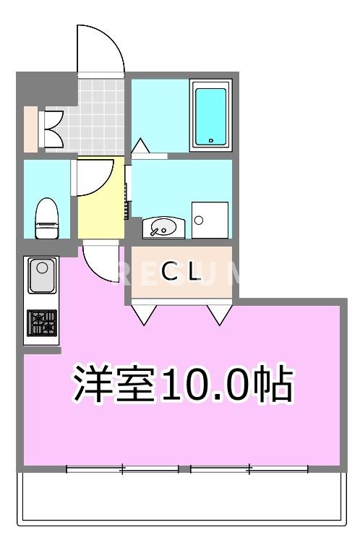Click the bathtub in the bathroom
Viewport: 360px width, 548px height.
tap(210, 115)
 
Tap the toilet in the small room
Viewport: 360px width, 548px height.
tap(47, 217)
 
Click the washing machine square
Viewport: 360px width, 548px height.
tap(210, 219)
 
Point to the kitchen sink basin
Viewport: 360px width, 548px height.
tap(40, 276)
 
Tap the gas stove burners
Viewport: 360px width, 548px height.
tap(41, 322)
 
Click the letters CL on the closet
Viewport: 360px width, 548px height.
tap(180, 272)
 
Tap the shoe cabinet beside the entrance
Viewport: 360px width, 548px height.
tap(30, 128)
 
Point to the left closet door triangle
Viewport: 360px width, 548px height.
tap(145, 313)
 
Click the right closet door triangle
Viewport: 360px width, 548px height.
tap(219, 313)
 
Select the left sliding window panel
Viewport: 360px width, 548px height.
tap(122, 470)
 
